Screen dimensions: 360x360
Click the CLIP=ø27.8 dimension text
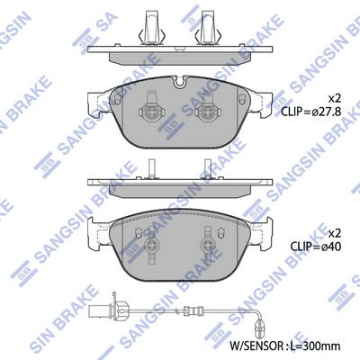point(310,112)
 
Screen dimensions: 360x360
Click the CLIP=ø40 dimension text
point(315,247)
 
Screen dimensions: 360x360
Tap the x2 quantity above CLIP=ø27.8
point(335,98)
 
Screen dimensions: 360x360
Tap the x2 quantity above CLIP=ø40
point(335,232)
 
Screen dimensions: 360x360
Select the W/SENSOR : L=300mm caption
point(284,346)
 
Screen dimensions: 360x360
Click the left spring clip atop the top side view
point(150,28)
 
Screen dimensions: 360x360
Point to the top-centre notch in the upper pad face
point(180,82)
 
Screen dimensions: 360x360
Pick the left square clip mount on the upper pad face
point(151,112)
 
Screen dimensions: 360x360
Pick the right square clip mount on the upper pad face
point(207,112)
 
